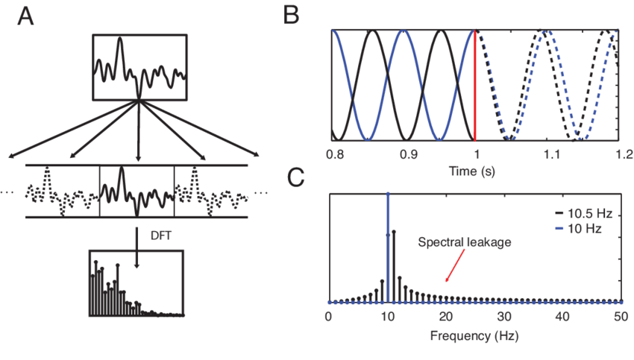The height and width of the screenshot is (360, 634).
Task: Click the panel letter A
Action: coord(25,17)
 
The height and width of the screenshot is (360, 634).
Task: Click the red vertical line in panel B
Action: coord(475,85)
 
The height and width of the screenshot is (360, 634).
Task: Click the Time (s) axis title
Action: coord(474,171)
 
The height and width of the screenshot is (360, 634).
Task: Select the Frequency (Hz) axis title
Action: coord(474,335)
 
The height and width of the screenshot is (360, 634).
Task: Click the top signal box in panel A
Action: coord(139,66)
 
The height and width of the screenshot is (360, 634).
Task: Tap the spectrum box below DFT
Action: coord(136,284)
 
